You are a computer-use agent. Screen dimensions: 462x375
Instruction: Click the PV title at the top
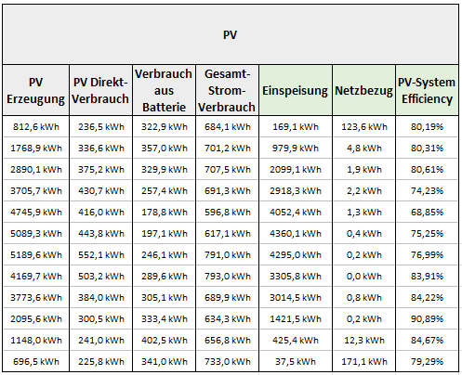[x=230, y=34]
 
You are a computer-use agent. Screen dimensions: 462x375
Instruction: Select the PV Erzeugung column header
[x=35, y=91]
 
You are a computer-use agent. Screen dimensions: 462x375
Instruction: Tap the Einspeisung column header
[x=295, y=91]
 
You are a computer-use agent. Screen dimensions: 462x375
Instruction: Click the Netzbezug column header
[x=363, y=91]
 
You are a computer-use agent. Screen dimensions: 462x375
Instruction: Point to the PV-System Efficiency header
[x=427, y=91]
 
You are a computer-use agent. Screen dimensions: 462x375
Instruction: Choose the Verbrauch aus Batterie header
[x=164, y=91]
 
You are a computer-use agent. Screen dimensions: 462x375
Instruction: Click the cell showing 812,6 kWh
[x=36, y=127]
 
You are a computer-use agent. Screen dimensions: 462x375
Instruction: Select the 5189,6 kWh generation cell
[x=36, y=255]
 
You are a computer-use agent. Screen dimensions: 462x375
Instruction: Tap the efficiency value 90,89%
[x=427, y=319]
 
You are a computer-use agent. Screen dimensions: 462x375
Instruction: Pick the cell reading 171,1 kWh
[x=364, y=362]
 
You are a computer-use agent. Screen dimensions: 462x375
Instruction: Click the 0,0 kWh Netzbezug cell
[x=364, y=277]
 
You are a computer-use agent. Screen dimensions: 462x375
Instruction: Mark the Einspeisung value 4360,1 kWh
[x=296, y=234]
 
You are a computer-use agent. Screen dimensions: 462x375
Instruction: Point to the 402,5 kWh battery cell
[x=165, y=341]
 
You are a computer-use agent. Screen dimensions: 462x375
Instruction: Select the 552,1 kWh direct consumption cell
[x=101, y=255]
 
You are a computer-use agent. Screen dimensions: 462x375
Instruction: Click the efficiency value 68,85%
[x=427, y=213]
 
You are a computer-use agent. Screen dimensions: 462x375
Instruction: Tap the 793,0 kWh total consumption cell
[x=228, y=277]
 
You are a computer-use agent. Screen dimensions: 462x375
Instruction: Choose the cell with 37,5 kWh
[x=296, y=362]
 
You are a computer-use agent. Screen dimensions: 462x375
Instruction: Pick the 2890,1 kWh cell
[x=36, y=170]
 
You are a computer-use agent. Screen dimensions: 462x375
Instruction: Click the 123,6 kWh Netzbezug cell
[x=364, y=127]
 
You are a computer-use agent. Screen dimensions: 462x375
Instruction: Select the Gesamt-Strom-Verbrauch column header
[x=227, y=91]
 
